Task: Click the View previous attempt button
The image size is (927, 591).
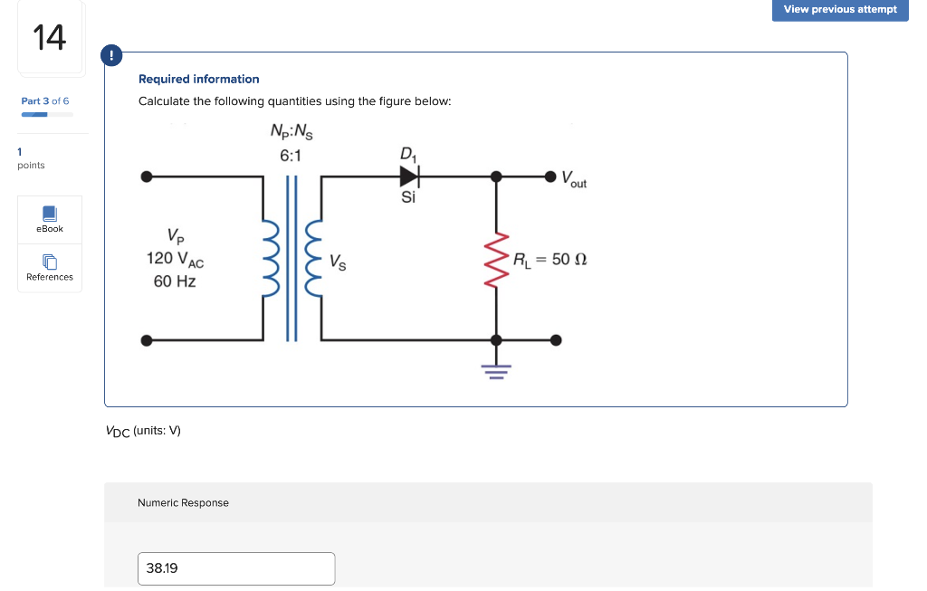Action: click(x=840, y=10)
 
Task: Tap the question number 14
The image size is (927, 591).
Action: click(x=50, y=38)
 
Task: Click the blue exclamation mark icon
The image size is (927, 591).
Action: click(x=111, y=56)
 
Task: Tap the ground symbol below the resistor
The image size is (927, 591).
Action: click(x=495, y=370)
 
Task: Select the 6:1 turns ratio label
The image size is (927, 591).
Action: click(x=291, y=156)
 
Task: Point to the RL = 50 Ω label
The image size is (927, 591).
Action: click(x=550, y=260)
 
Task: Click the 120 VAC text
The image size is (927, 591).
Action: click(x=175, y=259)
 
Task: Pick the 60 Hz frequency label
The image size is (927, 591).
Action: click(x=175, y=281)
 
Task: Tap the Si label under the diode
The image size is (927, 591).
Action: click(x=408, y=196)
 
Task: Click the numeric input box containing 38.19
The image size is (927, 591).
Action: click(x=236, y=568)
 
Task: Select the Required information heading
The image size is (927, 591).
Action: click(x=198, y=79)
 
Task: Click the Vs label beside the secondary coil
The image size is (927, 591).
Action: click(x=337, y=263)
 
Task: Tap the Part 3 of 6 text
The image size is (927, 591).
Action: click(x=45, y=100)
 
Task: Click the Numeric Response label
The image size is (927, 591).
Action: click(x=183, y=502)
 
